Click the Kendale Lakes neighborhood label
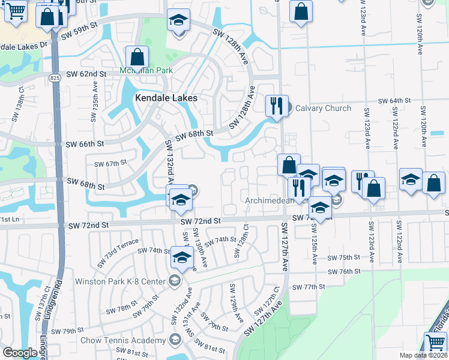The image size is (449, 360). tap(166, 97)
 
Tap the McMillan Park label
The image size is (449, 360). tap(146, 70)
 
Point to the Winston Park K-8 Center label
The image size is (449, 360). tap(120, 281)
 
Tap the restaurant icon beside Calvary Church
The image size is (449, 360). tap(277, 106)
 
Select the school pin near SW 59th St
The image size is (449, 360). tap(178, 20)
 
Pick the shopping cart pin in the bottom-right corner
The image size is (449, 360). tap(436, 343)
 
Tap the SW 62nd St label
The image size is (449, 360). tap(86, 74)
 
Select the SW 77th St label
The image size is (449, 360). tap(309, 287)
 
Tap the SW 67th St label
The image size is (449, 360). tap(110, 163)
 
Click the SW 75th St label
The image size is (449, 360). tap(344, 257)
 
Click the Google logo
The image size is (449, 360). tap(20, 353)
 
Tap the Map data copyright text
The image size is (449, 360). tap(424, 355)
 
